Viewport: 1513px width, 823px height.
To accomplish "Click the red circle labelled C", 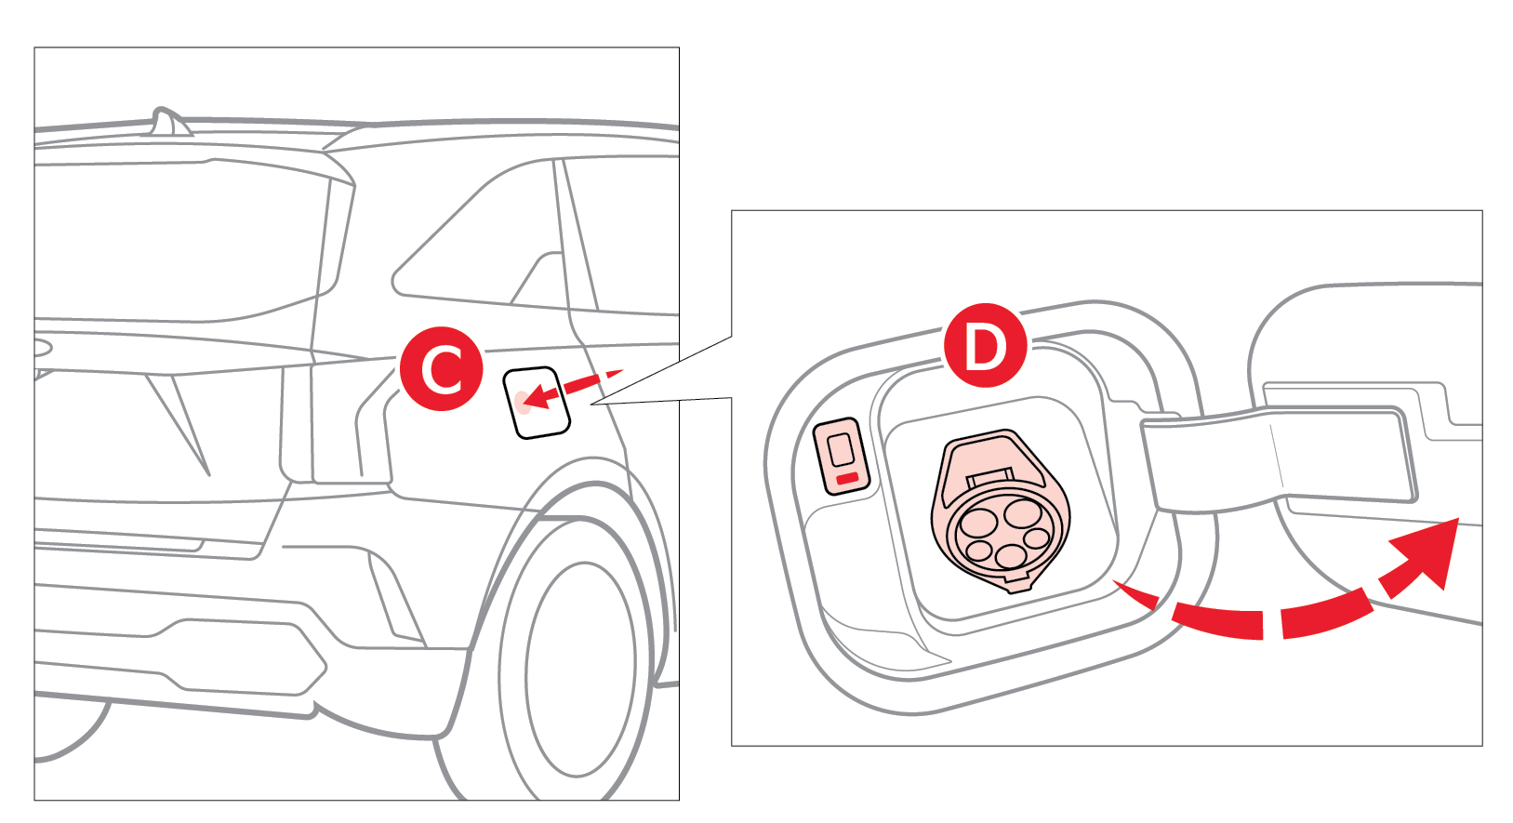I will (442, 368).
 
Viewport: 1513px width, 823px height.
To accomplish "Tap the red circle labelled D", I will (985, 346).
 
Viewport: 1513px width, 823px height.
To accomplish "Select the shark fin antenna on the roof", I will (168, 122).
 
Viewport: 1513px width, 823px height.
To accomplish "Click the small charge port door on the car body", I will (537, 403).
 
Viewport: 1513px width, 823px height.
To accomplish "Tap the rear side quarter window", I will (484, 242).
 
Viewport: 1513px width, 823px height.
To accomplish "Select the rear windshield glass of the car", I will (177, 242).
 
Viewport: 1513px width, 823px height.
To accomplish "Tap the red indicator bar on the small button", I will (847, 478).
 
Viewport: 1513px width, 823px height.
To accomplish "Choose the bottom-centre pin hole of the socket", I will (1010, 557).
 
